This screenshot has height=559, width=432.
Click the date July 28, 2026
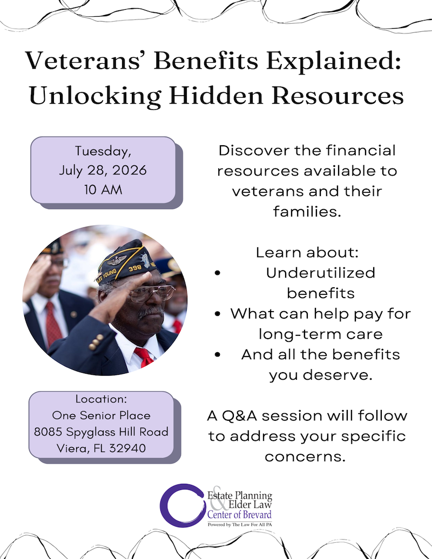(103, 170)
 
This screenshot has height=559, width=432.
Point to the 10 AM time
(103, 190)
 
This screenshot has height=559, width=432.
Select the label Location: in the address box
(101, 399)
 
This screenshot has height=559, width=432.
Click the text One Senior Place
(101, 415)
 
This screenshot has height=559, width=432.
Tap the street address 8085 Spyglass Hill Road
(101, 432)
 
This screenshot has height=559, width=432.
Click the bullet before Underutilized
(217, 273)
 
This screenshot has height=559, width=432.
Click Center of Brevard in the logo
(239, 515)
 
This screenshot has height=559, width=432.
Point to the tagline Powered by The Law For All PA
(239, 524)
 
